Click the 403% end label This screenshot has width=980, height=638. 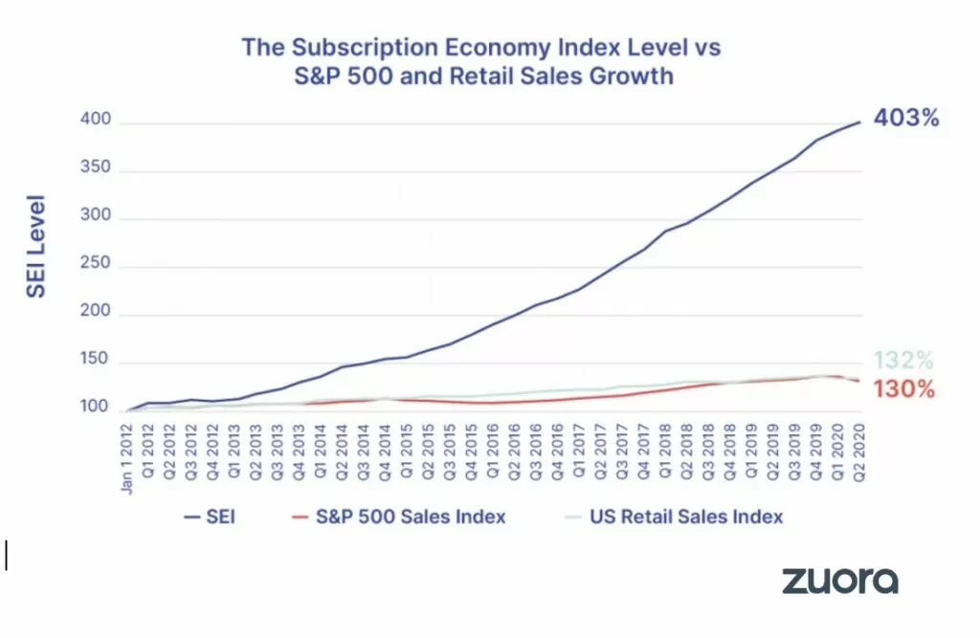(905, 120)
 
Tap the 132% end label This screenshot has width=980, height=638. (902, 361)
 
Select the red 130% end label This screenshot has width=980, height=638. (902, 389)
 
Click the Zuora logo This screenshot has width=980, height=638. (840, 581)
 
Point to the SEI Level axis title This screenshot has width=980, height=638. (36, 248)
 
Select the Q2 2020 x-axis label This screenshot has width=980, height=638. (858, 448)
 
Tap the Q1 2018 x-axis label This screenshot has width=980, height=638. (664, 448)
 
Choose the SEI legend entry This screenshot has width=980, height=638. (210, 517)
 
